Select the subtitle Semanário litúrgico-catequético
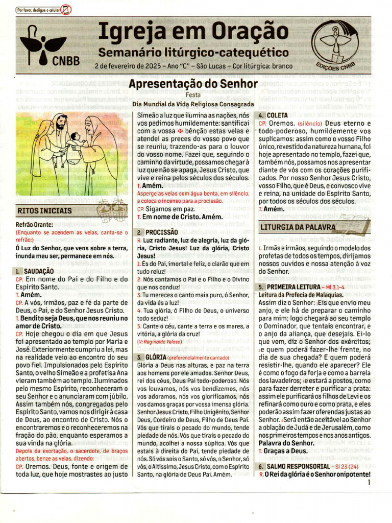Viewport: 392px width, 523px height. click(193, 52)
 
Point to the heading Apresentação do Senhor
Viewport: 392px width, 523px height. click(193, 83)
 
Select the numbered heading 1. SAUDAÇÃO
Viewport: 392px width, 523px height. click(34, 271)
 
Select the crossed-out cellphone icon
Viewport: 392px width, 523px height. click(66, 9)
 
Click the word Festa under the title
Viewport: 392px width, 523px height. click(193, 94)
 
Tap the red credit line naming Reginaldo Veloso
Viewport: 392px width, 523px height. click(158, 340)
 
